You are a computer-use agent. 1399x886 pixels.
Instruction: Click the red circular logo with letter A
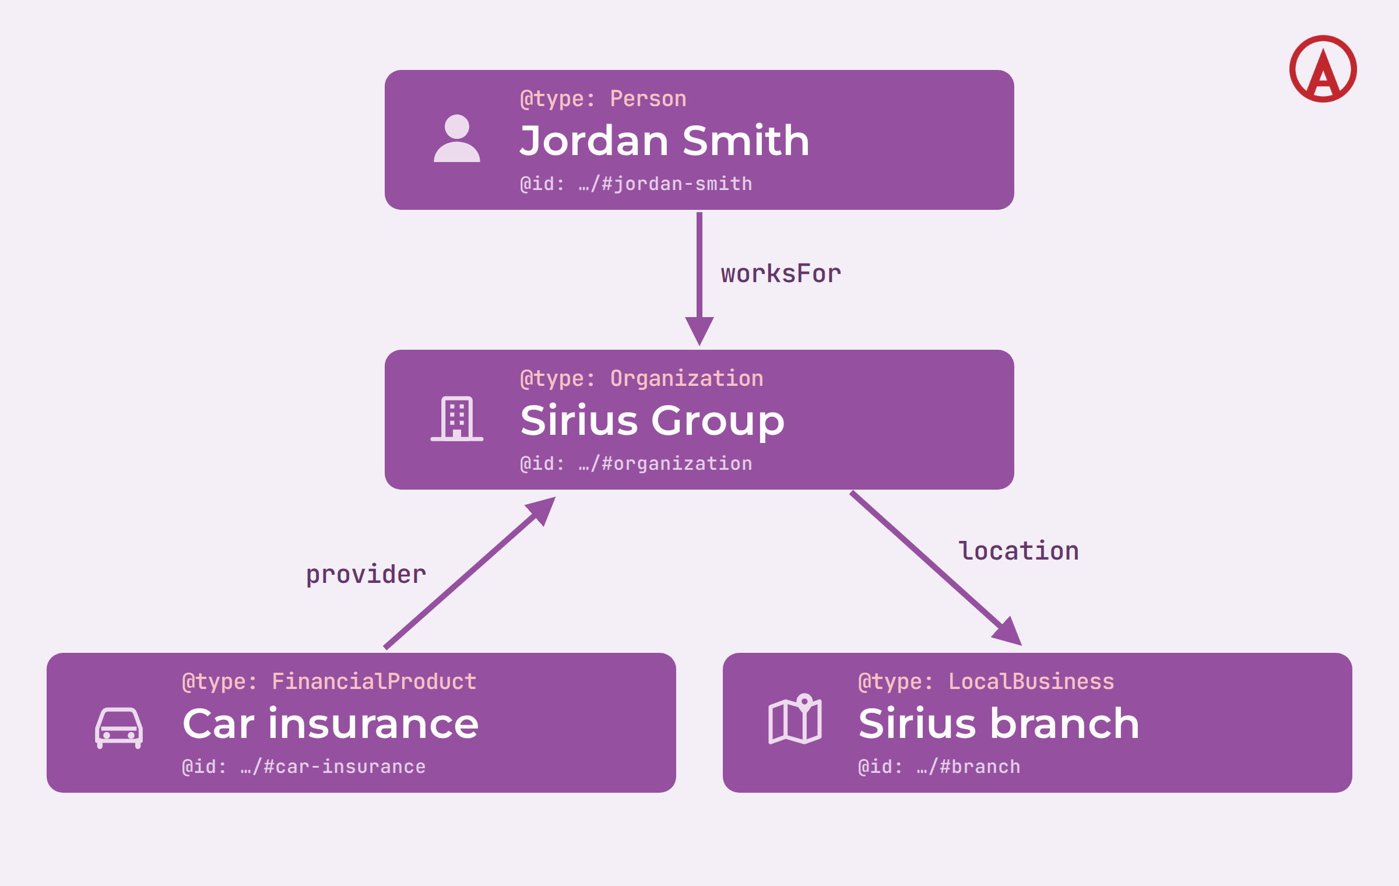click(x=1323, y=69)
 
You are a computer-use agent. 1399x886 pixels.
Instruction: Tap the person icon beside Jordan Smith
click(x=457, y=138)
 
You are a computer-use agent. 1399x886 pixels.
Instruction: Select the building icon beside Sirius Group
click(x=457, y=419)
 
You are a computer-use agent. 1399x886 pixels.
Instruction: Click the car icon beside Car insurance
click(x=119, y=728)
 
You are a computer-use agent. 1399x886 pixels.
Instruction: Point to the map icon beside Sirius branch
click(x=795, y=719)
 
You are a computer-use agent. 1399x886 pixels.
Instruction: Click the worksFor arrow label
click(x=781, y=274)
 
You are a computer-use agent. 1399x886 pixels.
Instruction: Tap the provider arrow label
click(x=366, y=575)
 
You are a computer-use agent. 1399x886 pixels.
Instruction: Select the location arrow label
click(x=1019, y=551)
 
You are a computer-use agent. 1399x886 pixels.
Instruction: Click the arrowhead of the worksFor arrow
click(x=699, y=331)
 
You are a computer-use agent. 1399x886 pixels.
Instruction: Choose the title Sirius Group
click(x=652, y=421)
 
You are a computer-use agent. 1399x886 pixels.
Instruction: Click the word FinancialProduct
click(x=374, y=682)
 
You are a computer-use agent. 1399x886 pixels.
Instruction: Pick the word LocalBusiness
click(x=1031, y=682)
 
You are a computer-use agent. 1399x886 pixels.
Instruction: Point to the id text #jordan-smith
click(x=677, y=184)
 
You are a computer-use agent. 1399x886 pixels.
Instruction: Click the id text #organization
click(x=677, y=464)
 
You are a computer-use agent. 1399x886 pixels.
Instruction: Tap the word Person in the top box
click(x=648, y=99)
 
